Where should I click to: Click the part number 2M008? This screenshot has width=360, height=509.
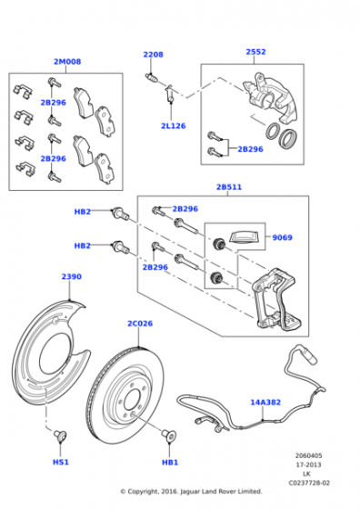click(67, 62)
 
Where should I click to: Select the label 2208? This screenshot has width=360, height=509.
click(154, 55)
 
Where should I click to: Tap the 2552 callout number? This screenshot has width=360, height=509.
click(255, 52)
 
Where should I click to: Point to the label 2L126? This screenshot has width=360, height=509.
click(174, 126)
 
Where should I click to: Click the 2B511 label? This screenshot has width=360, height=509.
click(229, 187)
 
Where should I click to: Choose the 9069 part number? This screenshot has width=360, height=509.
click(282, 237)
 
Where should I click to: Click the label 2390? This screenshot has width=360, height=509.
click(72, 276)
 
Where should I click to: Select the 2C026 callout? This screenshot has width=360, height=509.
click(140, 324)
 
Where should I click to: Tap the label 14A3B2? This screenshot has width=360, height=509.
click(265, 402)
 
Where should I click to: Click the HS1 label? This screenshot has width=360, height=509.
click(61, 462)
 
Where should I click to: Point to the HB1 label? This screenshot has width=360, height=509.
click(170, 462)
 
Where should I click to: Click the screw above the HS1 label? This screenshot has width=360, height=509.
click(60, 434)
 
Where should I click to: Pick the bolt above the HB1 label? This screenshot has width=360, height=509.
click(169, 434)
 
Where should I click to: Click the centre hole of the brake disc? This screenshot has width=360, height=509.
click(133, 400)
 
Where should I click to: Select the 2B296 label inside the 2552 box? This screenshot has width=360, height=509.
click(250, 149)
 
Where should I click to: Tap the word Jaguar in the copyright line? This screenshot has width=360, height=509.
click(190, 492)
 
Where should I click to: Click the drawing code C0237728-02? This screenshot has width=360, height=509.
click(309, 483)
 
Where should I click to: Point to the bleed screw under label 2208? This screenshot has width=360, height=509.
click(151, 78)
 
